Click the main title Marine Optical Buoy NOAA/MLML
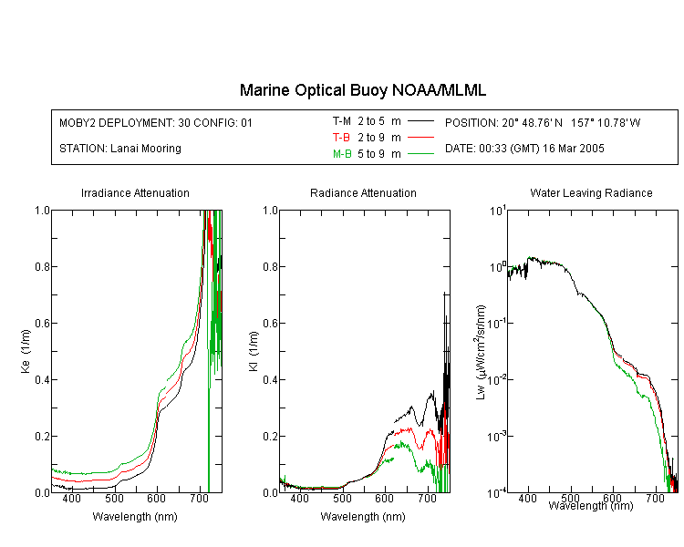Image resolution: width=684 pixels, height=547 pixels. (362, 90)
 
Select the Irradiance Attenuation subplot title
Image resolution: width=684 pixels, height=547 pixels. (135, 192)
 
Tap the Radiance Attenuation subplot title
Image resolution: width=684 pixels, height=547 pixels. (363, 192)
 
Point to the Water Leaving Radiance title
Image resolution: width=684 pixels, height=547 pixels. (591, 192)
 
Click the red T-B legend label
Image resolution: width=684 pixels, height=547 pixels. (341, 138)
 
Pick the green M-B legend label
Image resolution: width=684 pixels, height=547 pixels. (342, 153)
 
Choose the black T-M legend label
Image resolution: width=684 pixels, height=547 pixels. (342, 121)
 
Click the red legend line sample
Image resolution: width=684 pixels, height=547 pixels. (420, 138)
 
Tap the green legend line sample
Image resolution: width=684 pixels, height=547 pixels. (420, 153)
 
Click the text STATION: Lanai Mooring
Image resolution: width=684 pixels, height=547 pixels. (120, 149)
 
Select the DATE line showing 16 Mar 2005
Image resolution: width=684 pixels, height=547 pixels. (524, 149)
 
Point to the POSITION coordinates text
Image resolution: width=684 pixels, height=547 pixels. (543, 122)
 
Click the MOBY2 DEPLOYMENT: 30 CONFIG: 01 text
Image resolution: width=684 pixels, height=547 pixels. (156, 122)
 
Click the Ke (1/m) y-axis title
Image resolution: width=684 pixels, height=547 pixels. (26, 351)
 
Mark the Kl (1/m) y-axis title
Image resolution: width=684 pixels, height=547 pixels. (254, 351)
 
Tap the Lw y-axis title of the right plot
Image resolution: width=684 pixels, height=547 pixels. (480, 352)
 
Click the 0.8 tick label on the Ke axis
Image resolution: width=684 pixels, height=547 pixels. (42, 266)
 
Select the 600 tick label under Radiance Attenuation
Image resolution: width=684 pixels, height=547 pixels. (384, 498)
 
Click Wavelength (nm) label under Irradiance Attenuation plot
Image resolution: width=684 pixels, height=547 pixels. (135, 517)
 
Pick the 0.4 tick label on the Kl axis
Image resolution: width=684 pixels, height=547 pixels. (271, 379)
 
